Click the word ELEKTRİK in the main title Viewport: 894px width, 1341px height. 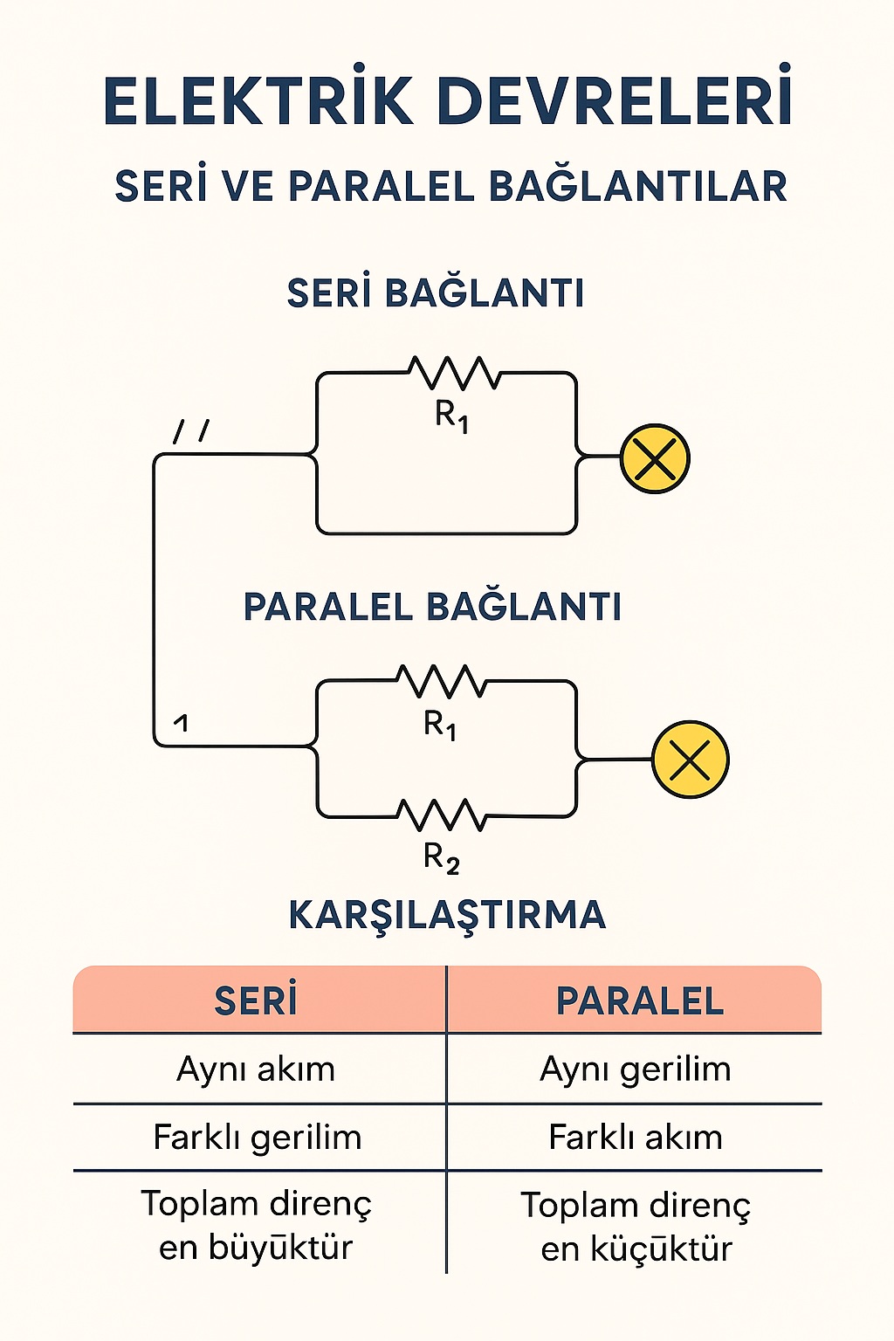click(258, 101)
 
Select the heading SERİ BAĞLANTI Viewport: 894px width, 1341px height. click(436, 293)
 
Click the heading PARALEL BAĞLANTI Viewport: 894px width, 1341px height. click(432, 607)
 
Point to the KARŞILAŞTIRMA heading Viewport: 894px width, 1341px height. click(447, 915)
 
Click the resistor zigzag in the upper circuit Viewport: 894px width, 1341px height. click(454, 374)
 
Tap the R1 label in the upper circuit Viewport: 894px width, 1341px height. click(451, 415)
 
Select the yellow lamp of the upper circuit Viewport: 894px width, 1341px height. click(655, 458)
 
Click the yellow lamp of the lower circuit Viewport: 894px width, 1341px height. click(690, 760)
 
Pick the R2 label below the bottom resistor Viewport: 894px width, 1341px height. click(441, 858)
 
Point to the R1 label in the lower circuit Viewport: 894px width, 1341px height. click(440, 725)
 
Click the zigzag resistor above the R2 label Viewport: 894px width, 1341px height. click(441, 815)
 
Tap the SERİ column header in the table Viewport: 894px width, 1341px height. click(256, 1001)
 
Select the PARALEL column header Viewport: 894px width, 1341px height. click(639, 1001)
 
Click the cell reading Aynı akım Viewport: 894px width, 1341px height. click(256, 1069)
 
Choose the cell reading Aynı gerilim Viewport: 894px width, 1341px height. click(635, 1069)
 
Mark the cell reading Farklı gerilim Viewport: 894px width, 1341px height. click(257, 1137)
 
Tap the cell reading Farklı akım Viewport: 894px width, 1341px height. click(635, 1137)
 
